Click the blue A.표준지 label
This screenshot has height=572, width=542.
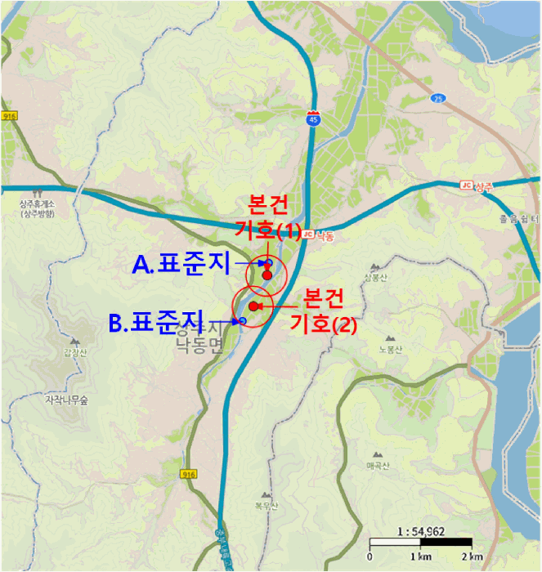pos(181,264)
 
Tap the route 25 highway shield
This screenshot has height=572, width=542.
pos(439,99)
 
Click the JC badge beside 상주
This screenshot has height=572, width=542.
pos(467,185)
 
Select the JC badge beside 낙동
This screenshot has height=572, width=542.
pos(308,235)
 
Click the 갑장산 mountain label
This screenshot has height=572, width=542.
pos(74,353)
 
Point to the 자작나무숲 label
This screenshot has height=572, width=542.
pos(66,400)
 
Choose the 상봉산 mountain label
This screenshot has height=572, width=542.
pos(373,277)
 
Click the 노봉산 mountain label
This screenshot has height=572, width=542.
pos(387,349)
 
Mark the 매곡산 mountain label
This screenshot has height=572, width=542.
pos(380,466)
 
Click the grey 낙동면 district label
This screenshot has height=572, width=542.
pos(199,346)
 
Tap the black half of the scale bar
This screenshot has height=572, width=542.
pos(446,543)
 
